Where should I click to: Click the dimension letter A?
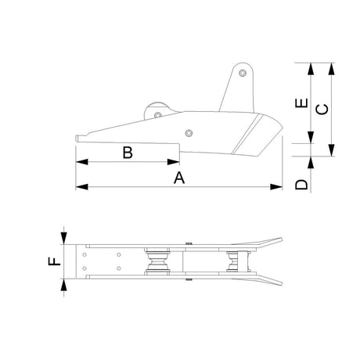[x=179, y=178]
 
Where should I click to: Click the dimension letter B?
[x=128, y=153]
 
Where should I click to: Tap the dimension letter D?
[x=301, y=185]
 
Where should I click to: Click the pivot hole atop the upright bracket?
[x=243, y=73]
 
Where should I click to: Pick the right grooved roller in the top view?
[x=233, y=263]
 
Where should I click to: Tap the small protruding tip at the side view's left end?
[x=79, y=139]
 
